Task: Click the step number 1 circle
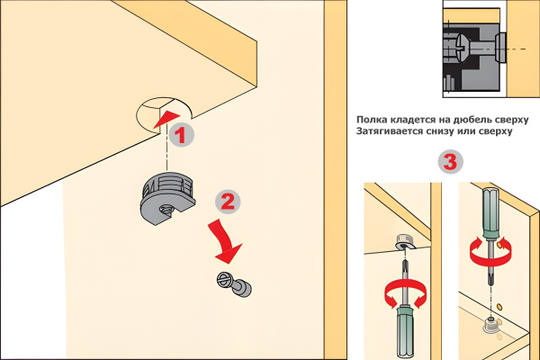[x=182, y=135]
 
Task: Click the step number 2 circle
[x=228, y=202]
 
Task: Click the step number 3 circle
[x=451, y=162]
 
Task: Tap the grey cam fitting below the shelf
[x=168, y=198]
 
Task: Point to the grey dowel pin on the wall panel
[x=235, y=284]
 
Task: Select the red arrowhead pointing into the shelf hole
[x=167, y=119]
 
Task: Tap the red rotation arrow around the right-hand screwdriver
[x=490, y=253]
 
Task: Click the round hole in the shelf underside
[x=164, y=113]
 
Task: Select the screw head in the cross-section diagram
[x=461, y=49]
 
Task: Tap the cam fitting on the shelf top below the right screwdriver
[x=490, y=325]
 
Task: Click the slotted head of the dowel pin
[x=223, y=280]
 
